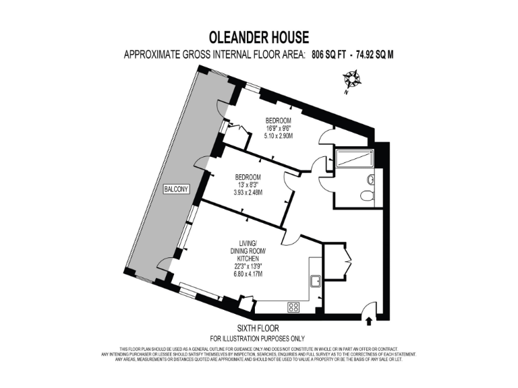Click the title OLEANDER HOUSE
258,37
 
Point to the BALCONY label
175,190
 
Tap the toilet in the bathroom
366,195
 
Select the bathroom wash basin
371,180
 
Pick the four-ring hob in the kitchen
294,306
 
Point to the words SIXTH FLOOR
257,328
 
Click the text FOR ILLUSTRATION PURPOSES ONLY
257,338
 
